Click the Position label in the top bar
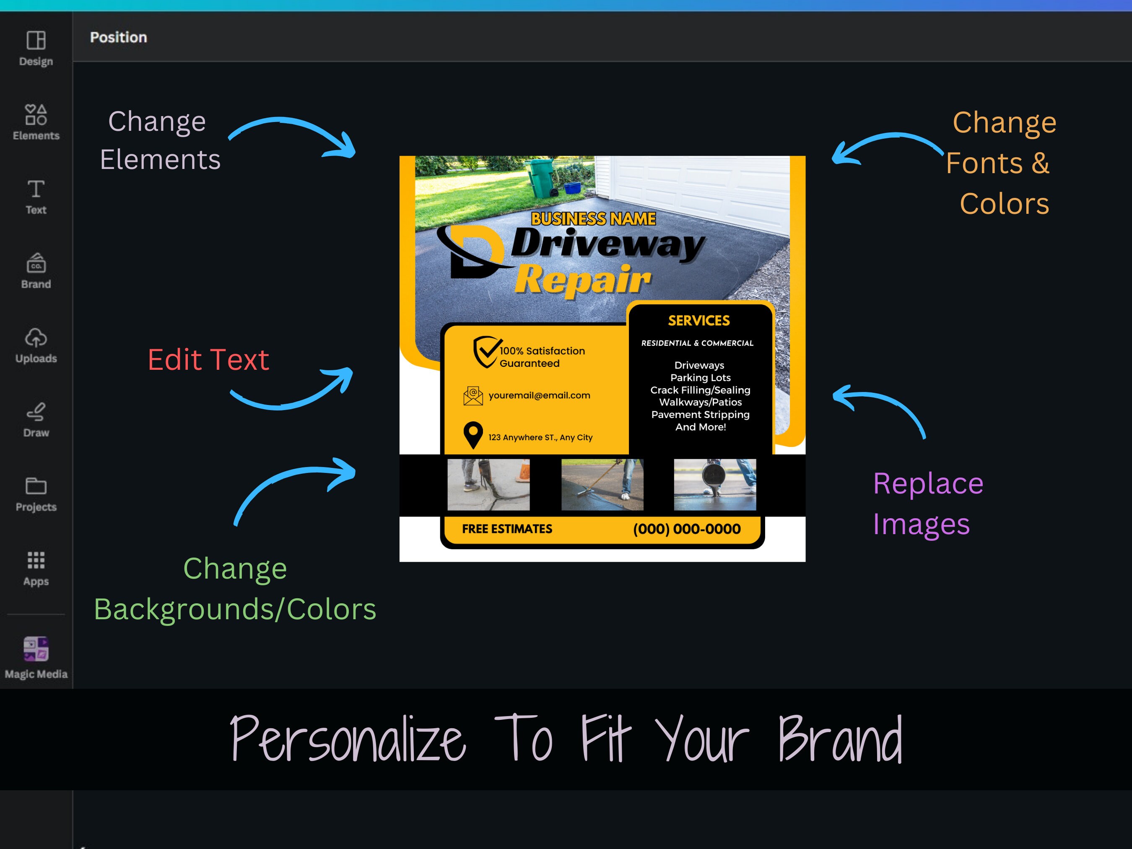pos(118,37)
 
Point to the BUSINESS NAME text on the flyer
pos(593,219)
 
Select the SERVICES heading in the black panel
pos(698,321)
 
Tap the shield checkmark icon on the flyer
pos(486,352)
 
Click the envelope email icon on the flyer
pos(473,396)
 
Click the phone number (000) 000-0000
pos(686,529)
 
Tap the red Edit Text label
pos(208,360)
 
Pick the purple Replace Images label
pos(927,504)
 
